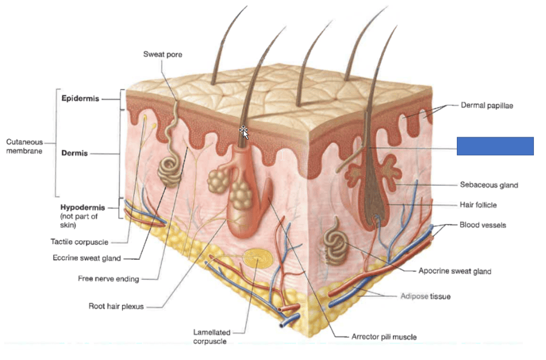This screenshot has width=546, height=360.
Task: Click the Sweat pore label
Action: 163,55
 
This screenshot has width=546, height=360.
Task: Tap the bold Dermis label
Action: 75,153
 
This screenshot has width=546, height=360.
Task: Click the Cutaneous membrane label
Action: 24,146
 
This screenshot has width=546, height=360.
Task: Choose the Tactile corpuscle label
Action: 79,242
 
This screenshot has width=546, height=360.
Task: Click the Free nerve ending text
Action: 109,279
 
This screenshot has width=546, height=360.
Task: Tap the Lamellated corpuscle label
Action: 210,337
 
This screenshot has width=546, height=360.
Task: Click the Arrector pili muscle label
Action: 384,336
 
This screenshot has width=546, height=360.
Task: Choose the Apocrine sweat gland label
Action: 455,271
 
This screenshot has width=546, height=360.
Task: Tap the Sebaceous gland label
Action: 489,185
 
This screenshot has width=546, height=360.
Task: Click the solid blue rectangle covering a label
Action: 495,146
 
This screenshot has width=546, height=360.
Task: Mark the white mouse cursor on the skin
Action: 243,132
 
